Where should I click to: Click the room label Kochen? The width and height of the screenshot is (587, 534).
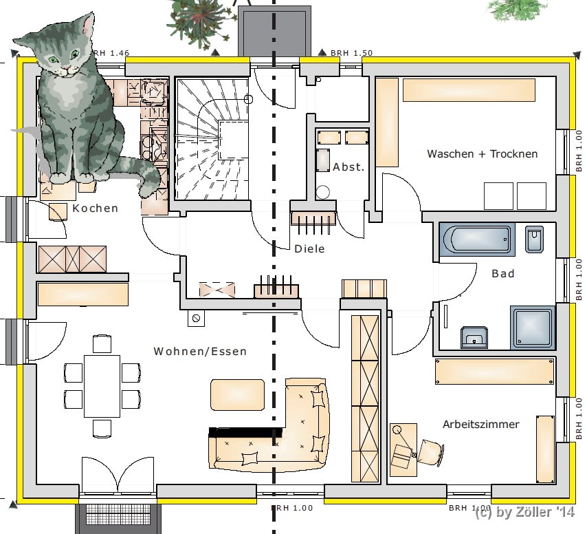(95, 208)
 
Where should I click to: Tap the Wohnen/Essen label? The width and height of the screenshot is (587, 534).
(200, 351)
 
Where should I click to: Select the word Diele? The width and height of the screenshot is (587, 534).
(309, 249)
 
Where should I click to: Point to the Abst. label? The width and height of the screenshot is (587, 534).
(348, 167)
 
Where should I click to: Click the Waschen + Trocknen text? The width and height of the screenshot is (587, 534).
(483, 153)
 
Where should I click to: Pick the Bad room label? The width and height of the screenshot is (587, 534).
(502, 274)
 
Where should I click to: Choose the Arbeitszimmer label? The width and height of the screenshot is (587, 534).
(480, 424)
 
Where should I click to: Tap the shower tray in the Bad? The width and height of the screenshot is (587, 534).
(532, 328)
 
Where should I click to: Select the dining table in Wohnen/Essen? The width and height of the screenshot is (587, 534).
(102, 386)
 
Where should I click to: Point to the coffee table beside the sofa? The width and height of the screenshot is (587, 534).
(237, 394)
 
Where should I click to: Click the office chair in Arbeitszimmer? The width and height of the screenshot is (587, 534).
(430, 452)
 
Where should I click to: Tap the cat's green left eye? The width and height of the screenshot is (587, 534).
(54, 58)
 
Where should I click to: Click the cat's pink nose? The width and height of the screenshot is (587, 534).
(66, 67)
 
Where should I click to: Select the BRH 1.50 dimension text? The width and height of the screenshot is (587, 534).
(351, 53)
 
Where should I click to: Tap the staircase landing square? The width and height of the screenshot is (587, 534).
(233, 140)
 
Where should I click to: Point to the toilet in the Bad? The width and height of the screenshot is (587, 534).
(534, 239)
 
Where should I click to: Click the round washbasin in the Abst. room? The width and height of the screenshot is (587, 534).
(322, 192)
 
